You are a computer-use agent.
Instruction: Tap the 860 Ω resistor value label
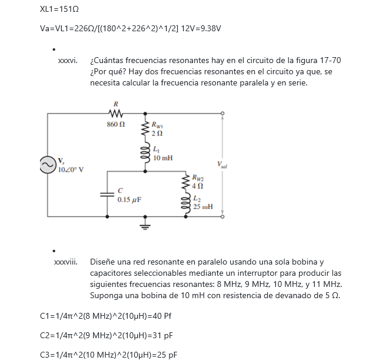point(115,124)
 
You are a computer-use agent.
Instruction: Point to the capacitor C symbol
point(107,194)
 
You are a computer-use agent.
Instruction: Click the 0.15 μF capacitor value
point(128,200)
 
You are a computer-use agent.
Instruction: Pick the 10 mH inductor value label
point(163,158)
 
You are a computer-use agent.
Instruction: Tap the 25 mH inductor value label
point(204,207)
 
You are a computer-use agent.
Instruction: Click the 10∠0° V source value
point(71,170)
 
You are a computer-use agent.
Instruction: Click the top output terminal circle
point(222,113)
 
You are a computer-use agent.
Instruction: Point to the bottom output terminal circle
point(222,216)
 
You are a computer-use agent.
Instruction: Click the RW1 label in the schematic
point(159,125)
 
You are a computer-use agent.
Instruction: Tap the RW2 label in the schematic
point(200,177)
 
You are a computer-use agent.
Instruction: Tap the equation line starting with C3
point(108,355)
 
